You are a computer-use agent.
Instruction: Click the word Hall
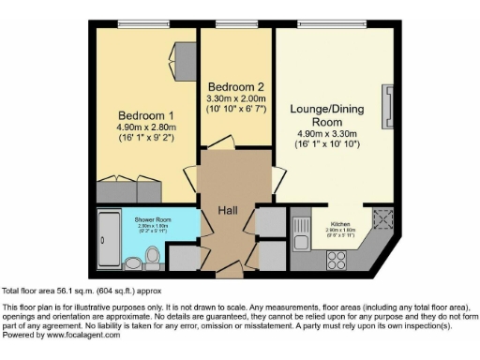(228, 210)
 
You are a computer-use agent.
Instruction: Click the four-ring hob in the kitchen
(336, 260)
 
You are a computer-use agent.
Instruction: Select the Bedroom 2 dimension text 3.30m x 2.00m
(236, 97)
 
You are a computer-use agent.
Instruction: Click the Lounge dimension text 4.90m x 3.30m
(327, 133)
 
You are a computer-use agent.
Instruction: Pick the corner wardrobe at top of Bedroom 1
(182, 56)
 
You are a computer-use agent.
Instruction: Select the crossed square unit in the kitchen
(382, 220)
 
